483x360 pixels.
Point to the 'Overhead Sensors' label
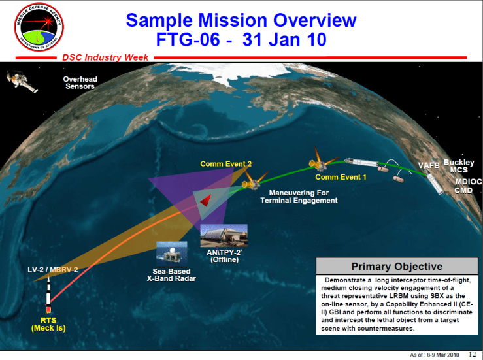click(80, 83)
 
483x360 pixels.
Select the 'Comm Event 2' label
click(225, 164)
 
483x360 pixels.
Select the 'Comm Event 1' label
click(341, 177)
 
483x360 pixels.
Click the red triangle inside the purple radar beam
click(206, 199)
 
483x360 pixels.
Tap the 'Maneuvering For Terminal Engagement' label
click(299, 197)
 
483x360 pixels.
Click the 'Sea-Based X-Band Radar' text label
click(172, 274)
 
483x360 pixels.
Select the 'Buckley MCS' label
click(459, 166)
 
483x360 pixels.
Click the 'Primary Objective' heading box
click(396, 266)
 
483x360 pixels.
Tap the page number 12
click(472, 353)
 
